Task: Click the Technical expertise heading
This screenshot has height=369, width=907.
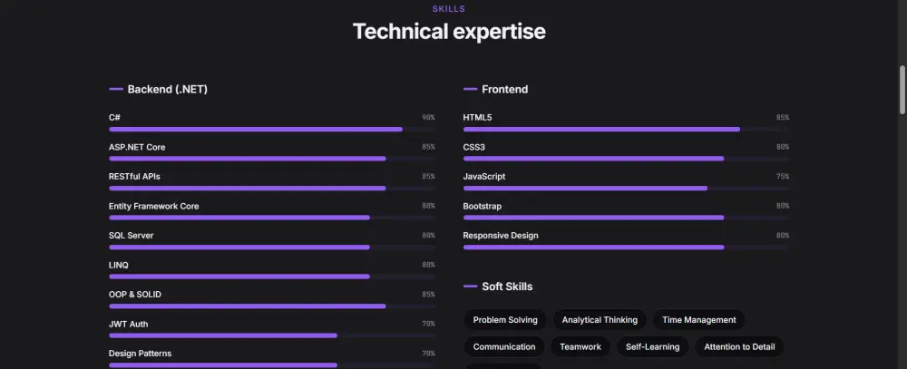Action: tap(449, 32)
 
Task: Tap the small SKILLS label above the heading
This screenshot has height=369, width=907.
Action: tap(449, 9)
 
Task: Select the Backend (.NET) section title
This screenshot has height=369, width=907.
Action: tap(169, 90)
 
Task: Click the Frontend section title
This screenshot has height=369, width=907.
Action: tap(504, 90)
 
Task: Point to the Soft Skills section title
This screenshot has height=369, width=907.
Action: tap(507, 286)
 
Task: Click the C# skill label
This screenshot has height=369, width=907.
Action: tap(115, 118)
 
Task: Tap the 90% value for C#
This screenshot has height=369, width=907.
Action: tap(428, 118)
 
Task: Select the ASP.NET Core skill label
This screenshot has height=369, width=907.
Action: tap(137, 147)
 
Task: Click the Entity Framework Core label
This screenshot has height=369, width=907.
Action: tap(153, 206)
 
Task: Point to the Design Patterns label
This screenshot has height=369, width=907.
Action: tap(140, 354)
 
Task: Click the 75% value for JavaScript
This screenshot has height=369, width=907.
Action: tap(782, 177)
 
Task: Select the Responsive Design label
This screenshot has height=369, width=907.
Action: tap(501, 236)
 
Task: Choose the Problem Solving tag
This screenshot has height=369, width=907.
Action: tap(505, 320)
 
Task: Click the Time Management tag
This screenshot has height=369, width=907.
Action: tap(698, 320)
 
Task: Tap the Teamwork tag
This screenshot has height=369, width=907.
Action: tap(580, 347)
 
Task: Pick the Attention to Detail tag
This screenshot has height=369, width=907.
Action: tap(739, 347)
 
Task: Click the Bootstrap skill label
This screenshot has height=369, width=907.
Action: tap(483, 206)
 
